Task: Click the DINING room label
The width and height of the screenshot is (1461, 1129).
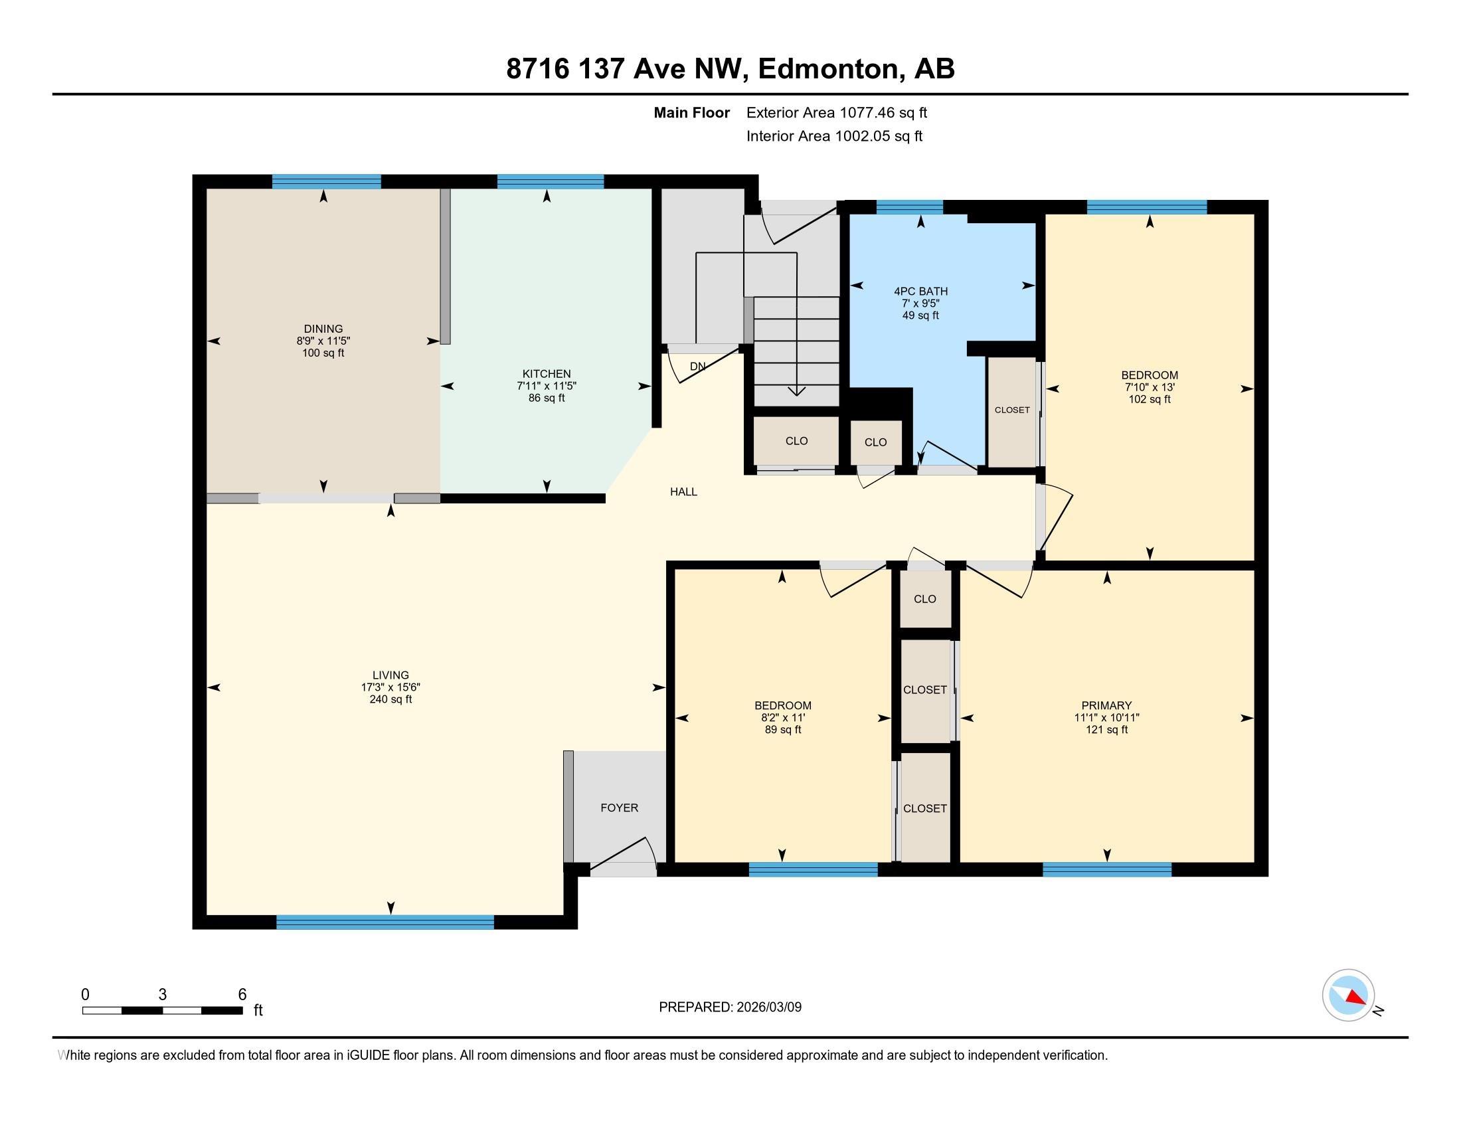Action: coord(323,328)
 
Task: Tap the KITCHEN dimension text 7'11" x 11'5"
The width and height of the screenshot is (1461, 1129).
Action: coord(547,386)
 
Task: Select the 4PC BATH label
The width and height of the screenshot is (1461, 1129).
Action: coord(920,291)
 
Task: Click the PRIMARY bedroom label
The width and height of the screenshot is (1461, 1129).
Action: coord(1106,705)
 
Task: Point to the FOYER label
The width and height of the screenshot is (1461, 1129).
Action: coord(619,808)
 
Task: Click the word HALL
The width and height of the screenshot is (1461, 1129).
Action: coord(683,491)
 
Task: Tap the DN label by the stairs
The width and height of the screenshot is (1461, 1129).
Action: coord(698,366)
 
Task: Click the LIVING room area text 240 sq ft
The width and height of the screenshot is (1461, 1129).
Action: coord(390,699)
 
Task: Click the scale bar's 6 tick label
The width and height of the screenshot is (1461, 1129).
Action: coord(242,994)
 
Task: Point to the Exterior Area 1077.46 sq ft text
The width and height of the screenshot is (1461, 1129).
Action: coord(836,112)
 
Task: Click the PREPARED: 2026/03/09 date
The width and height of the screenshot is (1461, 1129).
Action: coord(730,1007)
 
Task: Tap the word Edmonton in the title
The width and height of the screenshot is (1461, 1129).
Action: coord(828,69)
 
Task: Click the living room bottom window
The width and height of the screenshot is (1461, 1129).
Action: coord(385,922)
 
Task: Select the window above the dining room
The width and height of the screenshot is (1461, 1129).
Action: coord(327,181)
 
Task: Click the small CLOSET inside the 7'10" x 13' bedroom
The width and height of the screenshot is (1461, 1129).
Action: coord(1011,410)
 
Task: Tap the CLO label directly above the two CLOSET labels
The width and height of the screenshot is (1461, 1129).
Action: coord(924,598)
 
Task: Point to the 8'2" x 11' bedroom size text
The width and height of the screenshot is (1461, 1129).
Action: coord(783,717)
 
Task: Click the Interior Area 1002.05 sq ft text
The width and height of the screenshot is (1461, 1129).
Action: coord(833,135)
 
